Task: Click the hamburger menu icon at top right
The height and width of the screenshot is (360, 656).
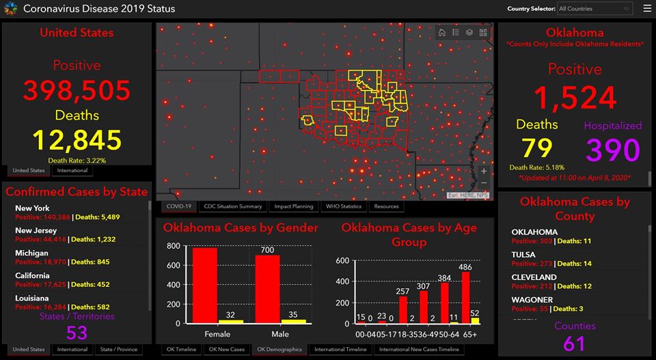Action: click(x=646, y=9)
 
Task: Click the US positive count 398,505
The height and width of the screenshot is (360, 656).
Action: click(x=77, y=90)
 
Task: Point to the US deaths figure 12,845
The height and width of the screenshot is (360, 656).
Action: click(x=77, y=141)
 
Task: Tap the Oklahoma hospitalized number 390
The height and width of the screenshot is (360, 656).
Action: click(x=612, y=150)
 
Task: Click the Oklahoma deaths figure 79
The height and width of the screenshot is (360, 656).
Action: click(x=536, y=148)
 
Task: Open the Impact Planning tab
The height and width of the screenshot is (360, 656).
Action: click(x=294, y=206)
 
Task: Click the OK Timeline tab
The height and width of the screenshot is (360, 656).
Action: click(x=180, y=350)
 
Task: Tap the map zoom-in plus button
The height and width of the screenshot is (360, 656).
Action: click(x=484, y=171)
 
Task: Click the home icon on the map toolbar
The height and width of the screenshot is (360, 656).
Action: click(x=442, y=32)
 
